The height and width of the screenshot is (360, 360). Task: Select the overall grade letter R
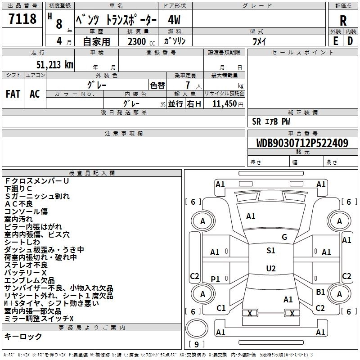[x=343, y=21]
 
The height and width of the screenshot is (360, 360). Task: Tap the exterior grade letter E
[x=335, y=41]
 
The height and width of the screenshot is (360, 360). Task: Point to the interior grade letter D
[x=350, y=41]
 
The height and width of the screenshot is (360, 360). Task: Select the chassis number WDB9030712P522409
[x=302, y=144]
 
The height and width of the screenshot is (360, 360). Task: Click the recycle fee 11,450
[x=227, y=104]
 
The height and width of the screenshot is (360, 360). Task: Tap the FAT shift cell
[x=13, y=94]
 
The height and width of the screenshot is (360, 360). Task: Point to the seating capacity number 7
[x=187, y=85]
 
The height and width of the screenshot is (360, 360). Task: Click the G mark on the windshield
[x=284, y=237]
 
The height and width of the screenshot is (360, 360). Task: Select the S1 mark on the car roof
[x=270, y=251]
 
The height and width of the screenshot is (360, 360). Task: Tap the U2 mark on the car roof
[x=270, y=269]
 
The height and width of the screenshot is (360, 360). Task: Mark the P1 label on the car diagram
[x=215, y=279]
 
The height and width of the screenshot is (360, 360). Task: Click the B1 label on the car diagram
[x=320, y=292]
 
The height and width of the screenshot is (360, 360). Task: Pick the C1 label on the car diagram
[x=220, y=308]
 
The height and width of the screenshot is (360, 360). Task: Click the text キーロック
[x=23, y=337]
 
